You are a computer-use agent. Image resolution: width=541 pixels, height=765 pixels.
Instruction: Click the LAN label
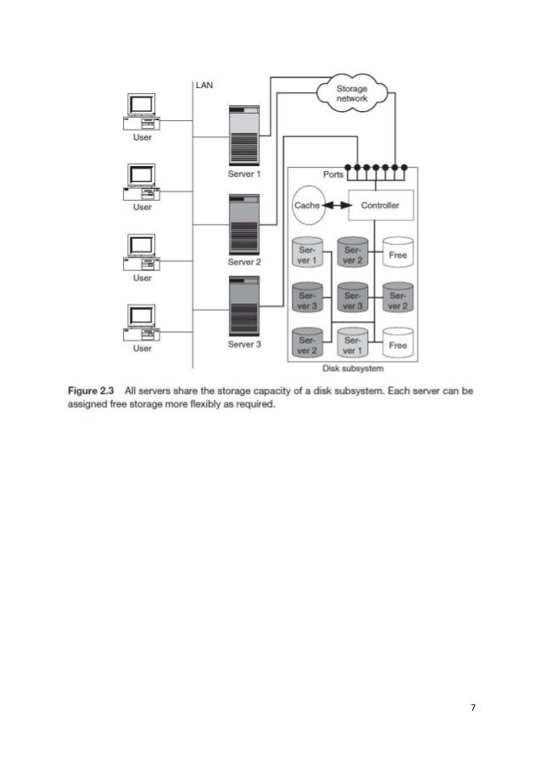point(206,85)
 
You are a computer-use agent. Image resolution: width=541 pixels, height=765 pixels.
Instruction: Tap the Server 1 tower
point(244,136)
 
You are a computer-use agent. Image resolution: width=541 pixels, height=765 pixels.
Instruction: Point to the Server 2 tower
point(244,225)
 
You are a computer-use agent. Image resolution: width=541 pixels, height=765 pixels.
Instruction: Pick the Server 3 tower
point(244,306)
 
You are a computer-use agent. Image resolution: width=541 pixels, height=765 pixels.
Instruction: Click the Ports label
point(334,175)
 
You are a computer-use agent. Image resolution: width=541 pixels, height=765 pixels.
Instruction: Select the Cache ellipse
point(306,206)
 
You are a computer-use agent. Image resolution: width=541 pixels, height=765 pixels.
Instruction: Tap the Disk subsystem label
point(352,369)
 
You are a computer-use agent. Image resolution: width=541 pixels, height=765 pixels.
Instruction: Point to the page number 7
point(472,707)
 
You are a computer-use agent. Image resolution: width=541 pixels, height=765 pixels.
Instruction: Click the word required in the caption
point(255,404)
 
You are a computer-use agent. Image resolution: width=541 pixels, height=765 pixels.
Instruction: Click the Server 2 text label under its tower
point(244,263)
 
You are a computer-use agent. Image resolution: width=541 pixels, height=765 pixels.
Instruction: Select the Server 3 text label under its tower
point(244,345)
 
